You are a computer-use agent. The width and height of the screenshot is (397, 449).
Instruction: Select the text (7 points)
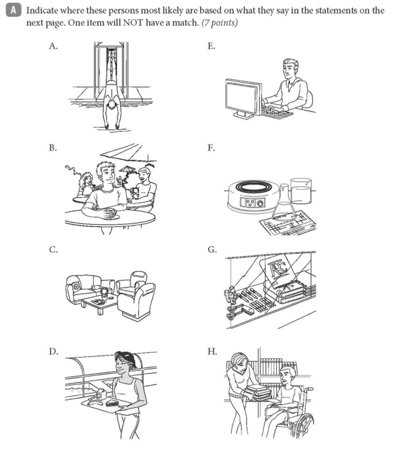click(x=221, y=22)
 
